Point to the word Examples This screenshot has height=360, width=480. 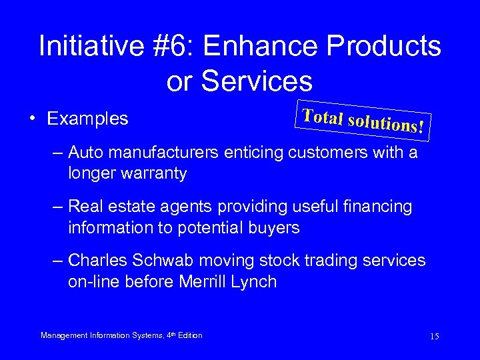[87, 119]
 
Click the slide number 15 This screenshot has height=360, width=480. [434, 337]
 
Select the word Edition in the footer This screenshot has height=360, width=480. [189, 335]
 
